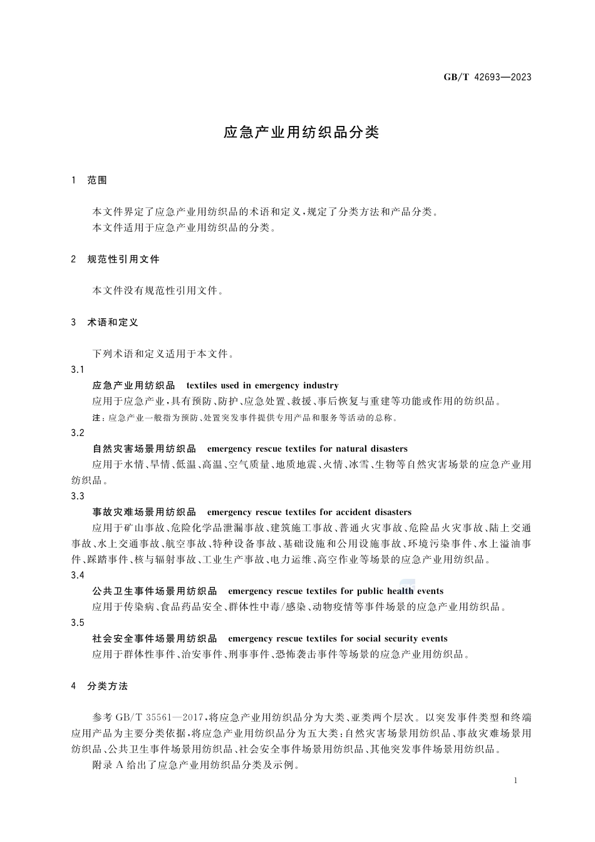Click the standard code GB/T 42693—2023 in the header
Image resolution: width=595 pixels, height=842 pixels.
[x=487, y=77]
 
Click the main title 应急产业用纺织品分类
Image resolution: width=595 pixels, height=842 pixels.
[x=301, y=133]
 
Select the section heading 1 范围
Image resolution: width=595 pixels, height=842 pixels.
[x=90, y=180]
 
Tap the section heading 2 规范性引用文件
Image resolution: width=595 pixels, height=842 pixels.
[x=116, y=259]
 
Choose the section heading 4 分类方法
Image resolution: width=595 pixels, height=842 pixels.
[x=100, y=686]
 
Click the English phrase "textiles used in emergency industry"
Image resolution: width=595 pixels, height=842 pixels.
[x=262, y=386]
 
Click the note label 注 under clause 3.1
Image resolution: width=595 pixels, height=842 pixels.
[x=96, y=418]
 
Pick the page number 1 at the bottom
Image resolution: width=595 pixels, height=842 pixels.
[x=515, y=781]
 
